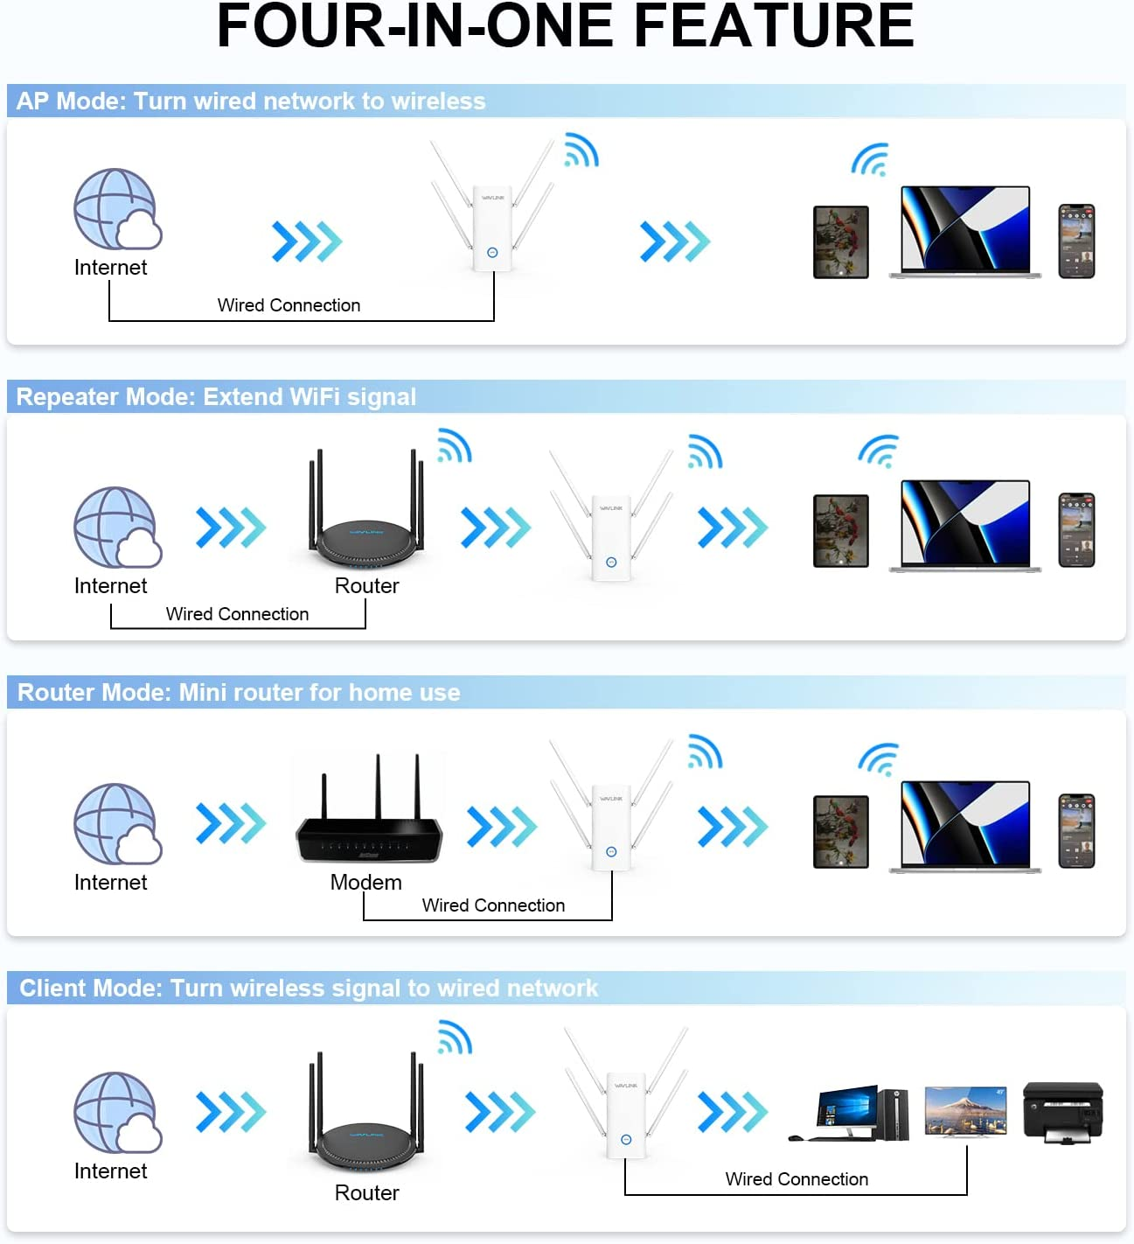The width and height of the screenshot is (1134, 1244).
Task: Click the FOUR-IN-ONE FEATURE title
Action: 565,26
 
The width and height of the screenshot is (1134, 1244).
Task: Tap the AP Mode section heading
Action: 251,101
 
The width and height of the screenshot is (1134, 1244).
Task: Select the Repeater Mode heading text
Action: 216,397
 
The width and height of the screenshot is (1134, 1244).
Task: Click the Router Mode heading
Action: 239,693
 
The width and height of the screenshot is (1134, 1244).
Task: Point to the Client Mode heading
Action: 309,989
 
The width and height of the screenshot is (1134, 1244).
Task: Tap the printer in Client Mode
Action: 1062,1112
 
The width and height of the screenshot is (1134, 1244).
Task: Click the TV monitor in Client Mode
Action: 965,1112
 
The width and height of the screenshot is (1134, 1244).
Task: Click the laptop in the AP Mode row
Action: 965,232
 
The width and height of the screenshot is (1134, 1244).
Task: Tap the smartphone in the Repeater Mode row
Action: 1076,530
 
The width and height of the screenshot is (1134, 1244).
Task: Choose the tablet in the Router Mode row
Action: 840,831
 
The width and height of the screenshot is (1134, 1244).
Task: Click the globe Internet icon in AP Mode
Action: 116,210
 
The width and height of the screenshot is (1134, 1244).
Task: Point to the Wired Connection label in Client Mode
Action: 797,1179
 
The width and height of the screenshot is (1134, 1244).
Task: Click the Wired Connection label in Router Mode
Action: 493,905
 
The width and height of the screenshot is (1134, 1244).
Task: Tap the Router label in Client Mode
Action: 366,1193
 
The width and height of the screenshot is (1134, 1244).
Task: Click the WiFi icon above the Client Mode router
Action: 455,1038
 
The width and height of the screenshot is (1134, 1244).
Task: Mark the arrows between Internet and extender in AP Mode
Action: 306,241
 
